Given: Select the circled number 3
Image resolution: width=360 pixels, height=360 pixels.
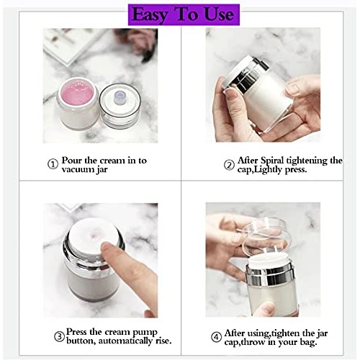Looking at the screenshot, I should (58, 337).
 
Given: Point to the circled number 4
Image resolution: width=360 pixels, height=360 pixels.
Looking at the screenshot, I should (216, 336).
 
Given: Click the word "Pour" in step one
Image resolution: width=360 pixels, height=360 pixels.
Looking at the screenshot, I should (73, 160).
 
